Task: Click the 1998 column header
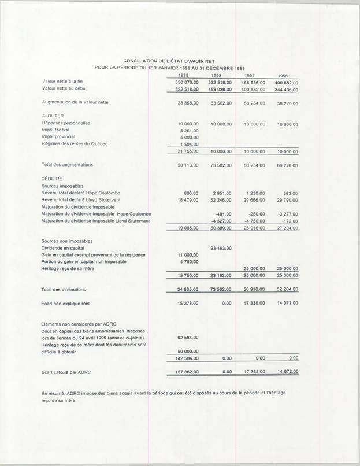pyautogui.click(x=216, y=76)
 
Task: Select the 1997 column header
pyautogui.click(x=250, y=76)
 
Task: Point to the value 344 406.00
pyautogui.click(x=286, y=90)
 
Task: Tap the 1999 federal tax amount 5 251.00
pyautogui.click(x=189, y=131)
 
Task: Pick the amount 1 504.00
pyautogui.click(x=189, y=144)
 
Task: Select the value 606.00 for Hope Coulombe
pyautogui.click(x=191, y=193)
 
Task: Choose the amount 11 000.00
pyautogui.click(x=187, y=255)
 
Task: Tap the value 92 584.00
pyautogui.click(x=187, y=338)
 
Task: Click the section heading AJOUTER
pyautogui.click(x=53, y=116)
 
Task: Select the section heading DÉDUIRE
pyautogui.click(x=52, y=179)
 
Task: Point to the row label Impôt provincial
pyautogui.click(x=61, y=137)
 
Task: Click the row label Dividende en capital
pyautogui.click(x=65, y=247)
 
